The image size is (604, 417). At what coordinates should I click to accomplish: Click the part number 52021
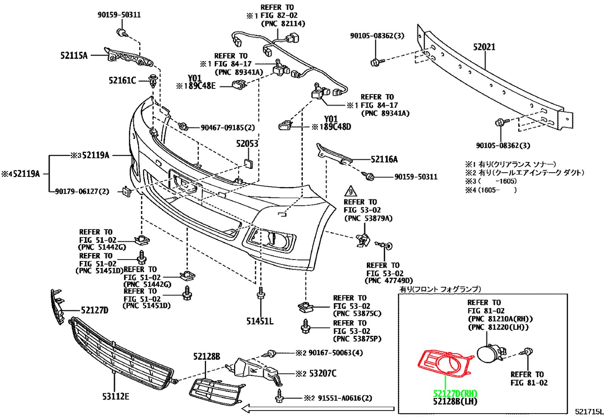tap(484, 47)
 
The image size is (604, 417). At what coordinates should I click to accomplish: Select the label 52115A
tap(74, 56)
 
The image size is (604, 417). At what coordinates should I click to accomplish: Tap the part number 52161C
tap(122, 80)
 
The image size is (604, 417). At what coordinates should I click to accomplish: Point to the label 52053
tap(247, 144)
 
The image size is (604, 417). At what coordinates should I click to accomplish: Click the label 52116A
tap(384, 159)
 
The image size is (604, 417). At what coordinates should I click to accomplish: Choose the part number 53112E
tap(116, 396)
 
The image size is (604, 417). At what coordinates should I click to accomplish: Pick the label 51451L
tap(260, 321)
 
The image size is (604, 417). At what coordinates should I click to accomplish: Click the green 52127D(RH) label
tap(455, 393)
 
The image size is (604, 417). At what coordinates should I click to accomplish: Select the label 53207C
tap(322, 373)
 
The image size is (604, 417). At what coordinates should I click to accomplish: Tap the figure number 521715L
tap(589, 412)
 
